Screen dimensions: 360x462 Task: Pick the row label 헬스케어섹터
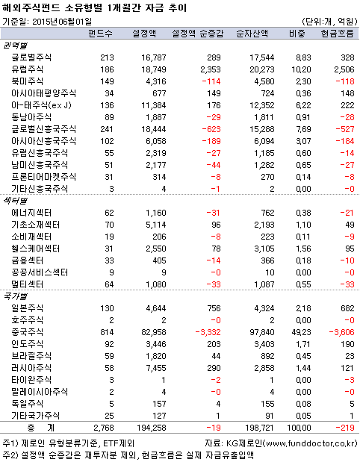[35, 249]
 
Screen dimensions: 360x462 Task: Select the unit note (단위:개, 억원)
[327, 20]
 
